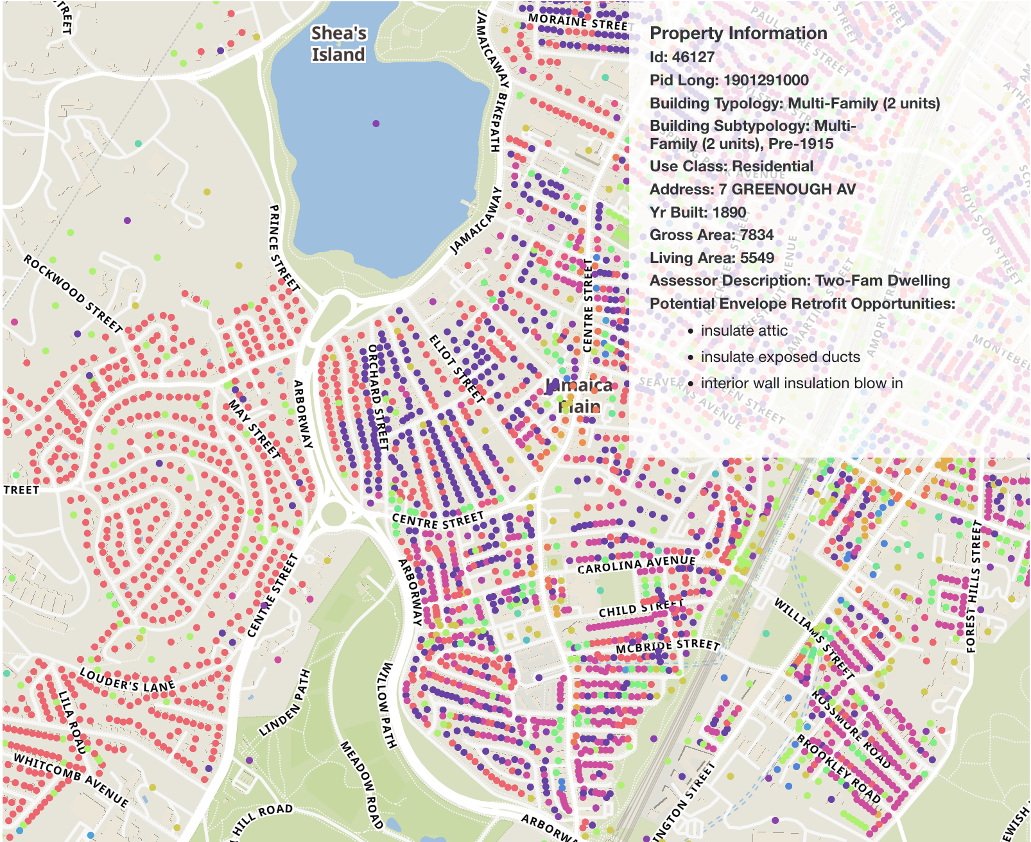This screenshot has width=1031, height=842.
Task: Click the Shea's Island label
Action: pyautogui.click(x=338, y=44)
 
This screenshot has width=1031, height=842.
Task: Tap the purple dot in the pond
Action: pyautogui.click(x=376, y=123)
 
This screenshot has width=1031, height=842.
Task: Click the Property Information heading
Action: pyautogui.click(x=738, y=33)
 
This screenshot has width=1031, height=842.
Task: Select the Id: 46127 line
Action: pyautogui.click(x=682, y=57)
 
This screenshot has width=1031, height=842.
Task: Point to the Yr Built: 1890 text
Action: pyautogui.click(x=698, y=212)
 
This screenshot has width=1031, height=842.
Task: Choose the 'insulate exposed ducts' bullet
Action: pyautogui.click(x=780, y=357)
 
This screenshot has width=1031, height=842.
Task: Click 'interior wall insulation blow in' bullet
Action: pyautogui.click(x=801, y=383)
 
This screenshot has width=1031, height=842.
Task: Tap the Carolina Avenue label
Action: pyautogui.click(x=636, y=564)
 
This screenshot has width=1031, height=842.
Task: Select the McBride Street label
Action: pyautogui.click(x=668, y=646)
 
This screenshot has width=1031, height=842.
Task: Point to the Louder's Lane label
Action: pyautogui.click(x=127, y=680)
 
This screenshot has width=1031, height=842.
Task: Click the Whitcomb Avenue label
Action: pyautogui.click(x=71, y=779)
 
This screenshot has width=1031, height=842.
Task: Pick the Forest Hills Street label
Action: pyautogui.click(x=973, y=586)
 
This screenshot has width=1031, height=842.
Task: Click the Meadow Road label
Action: pyautogui.click(x=361, y=784)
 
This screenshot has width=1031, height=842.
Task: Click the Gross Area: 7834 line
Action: pyautogui.click(x=711, y=235)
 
